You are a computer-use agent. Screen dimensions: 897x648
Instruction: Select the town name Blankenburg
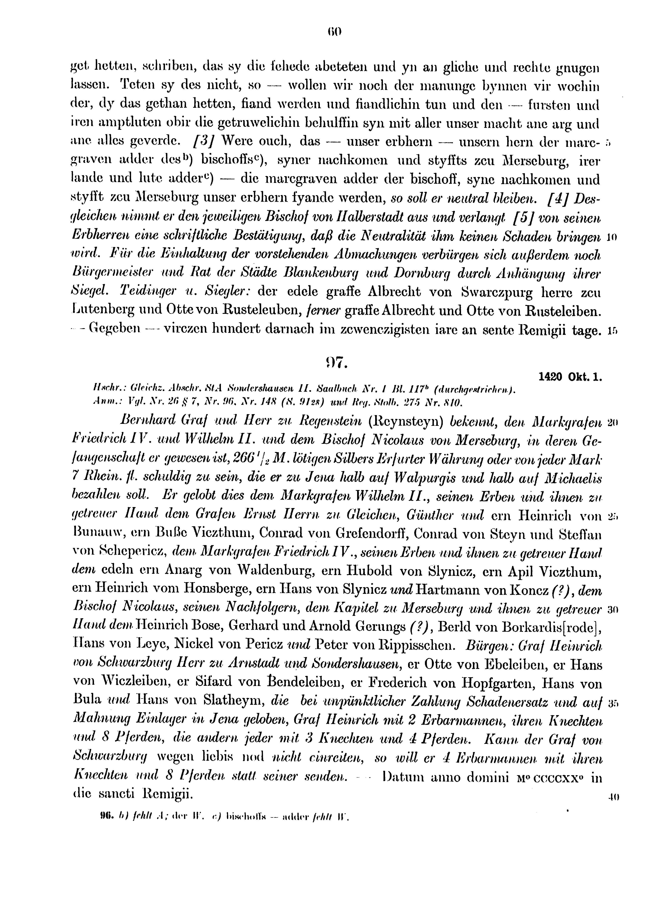(x=312, y=274)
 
